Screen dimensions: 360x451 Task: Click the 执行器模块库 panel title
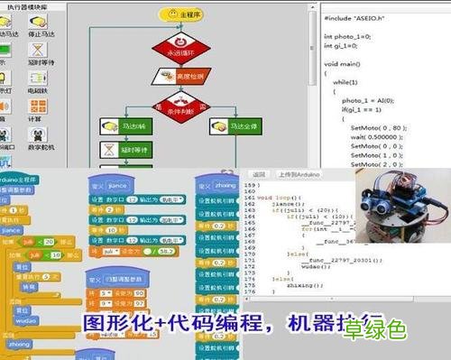[x=32, y=6]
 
